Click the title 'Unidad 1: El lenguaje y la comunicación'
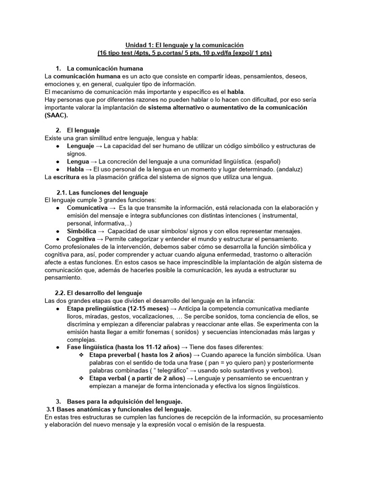(x=185, y=45)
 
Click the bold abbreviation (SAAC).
(x=56, y=115)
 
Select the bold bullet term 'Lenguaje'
(x=80, y=146)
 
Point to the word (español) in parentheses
(x=267, y=162)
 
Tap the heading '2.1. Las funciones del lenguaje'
(x=102, y=193)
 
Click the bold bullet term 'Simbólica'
(x=81, y=231)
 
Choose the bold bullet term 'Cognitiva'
(x=81, y=239)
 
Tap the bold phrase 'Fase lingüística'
(x=94, y=347)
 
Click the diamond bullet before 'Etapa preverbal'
(x=81, y=355)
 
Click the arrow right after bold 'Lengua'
(x=93, y=162)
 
